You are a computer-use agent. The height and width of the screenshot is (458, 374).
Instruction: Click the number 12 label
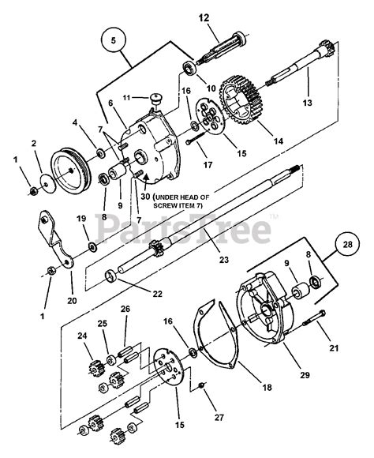coord(204,17)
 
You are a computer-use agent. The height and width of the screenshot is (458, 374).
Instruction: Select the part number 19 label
coord(80,218)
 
